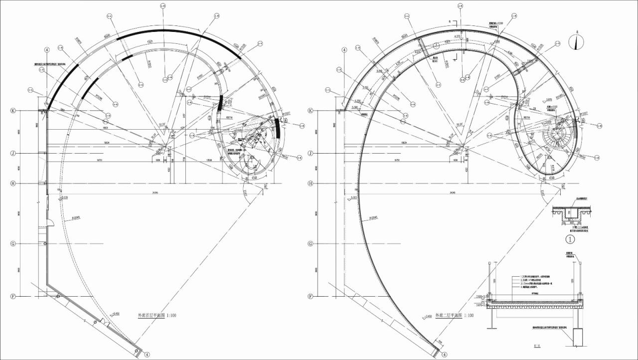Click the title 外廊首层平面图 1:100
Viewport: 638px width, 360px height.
click(157, 316)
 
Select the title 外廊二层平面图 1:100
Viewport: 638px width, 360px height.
click(454, 316)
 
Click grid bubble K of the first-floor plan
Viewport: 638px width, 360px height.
click(13, 111)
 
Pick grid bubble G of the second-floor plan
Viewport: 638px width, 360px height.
click(311, 244)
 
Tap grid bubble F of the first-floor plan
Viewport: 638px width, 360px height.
click(13, 296)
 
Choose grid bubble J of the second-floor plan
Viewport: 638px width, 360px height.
click(311, 154)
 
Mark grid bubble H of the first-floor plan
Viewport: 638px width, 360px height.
click(13, 183)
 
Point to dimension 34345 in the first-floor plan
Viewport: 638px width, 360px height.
click(155, 192)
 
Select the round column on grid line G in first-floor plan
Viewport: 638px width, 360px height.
click(46, 243)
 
